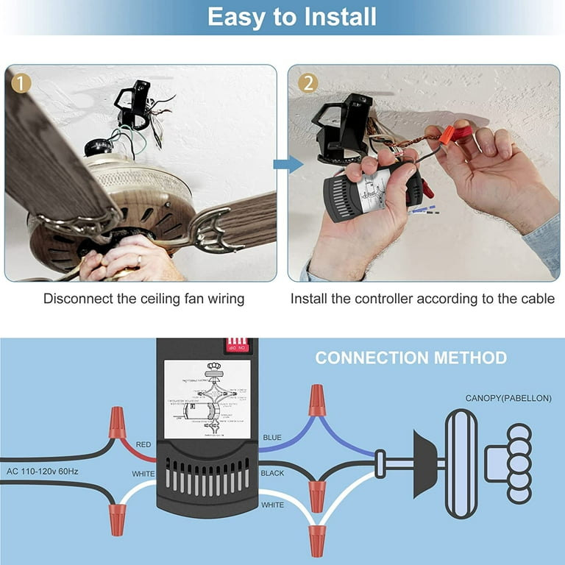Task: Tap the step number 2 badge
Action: [307, 82]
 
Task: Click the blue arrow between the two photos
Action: [288, 164]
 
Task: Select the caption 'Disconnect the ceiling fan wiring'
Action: [143, 299]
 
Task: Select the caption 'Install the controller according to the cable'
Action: [422, 299]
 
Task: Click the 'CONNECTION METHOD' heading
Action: [411, 358]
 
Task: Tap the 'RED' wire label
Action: [143, 445]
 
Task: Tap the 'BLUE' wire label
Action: [272, 438]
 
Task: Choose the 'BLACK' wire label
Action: [272, 474]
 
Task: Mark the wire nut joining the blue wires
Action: [316, 399]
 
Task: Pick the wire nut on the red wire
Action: [116, 422]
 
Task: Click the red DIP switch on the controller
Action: [237, 345]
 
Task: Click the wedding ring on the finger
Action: [139, 260]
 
